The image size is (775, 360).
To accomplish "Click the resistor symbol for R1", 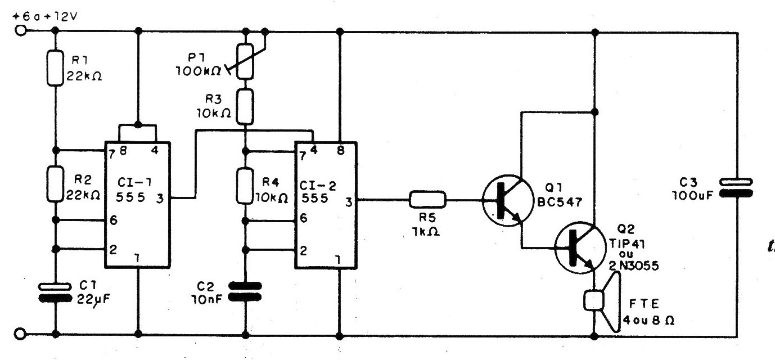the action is (55, 68).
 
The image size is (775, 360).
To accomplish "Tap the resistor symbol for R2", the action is (55, 184).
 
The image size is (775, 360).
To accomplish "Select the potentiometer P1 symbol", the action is (245, 61).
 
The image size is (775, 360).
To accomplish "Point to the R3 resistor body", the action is (245, 106).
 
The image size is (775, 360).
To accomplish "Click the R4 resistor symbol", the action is (245, 186).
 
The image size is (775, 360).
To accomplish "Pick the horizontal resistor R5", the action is (427, 199).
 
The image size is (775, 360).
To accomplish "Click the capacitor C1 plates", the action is (55, 292).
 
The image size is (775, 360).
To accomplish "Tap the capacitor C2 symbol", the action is (246, 291).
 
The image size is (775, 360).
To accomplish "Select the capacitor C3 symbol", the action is (736, 188).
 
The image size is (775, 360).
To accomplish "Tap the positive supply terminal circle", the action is (20, 30).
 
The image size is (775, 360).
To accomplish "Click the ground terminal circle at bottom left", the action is (20, 334).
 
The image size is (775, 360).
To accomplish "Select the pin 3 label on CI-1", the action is (160, 199).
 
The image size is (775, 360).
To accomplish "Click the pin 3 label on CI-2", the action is (349, 202).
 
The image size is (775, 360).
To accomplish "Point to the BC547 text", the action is (560, 202).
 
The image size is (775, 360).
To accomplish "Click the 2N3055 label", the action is (634, 265).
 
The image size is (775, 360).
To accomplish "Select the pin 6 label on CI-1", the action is (114, 220).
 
